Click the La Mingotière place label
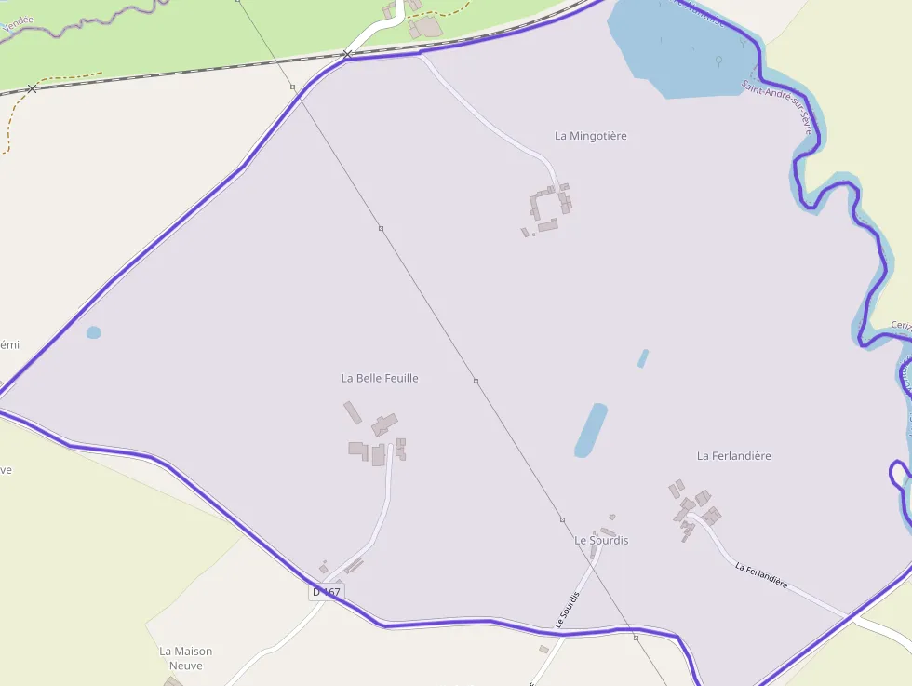(x=590, y=136)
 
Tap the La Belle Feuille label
(x=380, y=378)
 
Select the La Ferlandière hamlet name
(x=733, y=456)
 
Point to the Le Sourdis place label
(x=600, y=541)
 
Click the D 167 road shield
(x=326, y=592)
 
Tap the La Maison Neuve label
(x=185, y=658)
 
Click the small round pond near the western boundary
(x=93, y=332)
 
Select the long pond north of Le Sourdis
(x=590, y=430)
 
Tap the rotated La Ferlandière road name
(x=761, y=575)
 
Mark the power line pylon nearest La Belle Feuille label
(x=476, y=381)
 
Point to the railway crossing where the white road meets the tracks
(x=347, y=55)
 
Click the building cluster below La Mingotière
(x=547, y=208)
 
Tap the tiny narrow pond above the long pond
(x=642, y=358)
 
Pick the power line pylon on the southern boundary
(x=636, y=638)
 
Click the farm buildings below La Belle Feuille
(x=377, y=440)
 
